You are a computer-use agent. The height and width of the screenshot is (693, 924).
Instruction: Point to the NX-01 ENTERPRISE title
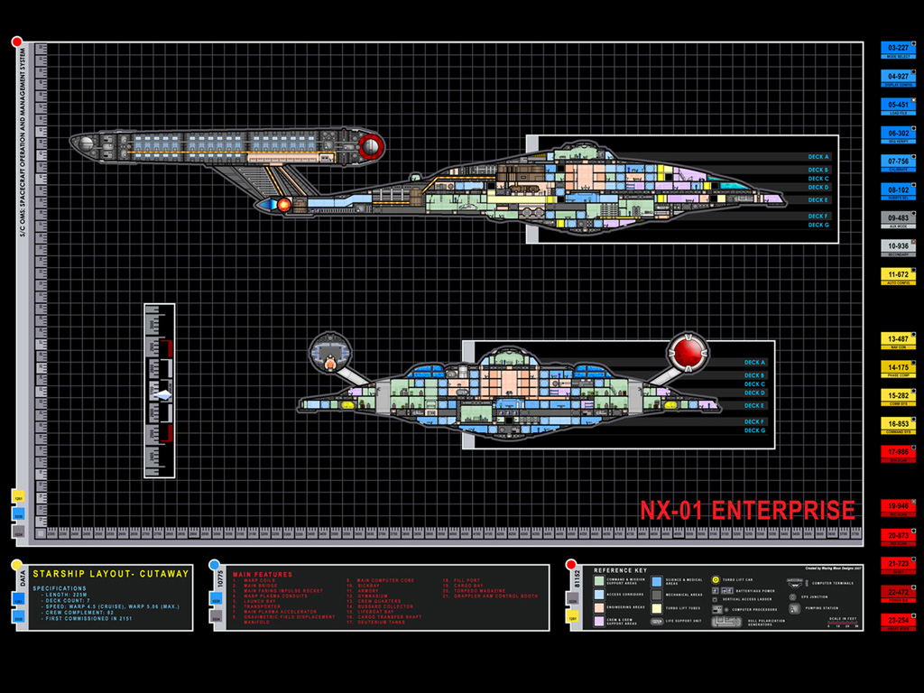point(747,511)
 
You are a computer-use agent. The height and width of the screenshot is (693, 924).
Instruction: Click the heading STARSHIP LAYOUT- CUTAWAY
point(111,573)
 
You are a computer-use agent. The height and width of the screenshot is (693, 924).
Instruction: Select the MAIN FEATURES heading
point(263,574)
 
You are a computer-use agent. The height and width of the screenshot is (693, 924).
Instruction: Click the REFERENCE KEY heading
point(621,570)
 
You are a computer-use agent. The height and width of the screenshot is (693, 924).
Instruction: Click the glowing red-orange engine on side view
point(283,205)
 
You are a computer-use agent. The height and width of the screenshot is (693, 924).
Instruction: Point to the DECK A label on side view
point(818,159)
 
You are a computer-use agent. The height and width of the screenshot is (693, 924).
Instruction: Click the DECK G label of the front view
point(754,430)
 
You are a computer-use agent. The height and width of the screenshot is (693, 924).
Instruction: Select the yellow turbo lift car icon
point(716,579)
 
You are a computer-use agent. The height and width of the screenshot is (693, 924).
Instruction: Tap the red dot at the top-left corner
point(17,42)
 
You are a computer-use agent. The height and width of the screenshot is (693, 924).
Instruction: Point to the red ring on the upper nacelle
point(369,146)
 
